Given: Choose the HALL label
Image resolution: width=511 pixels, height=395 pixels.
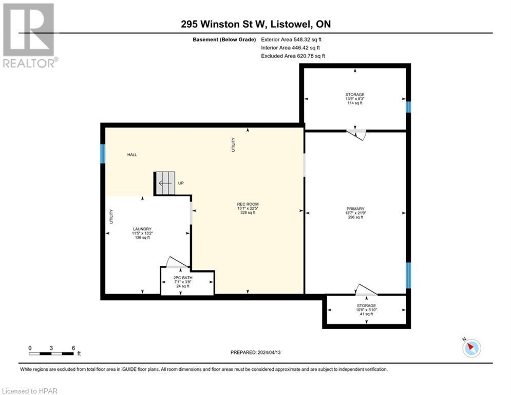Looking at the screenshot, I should tap(132, 154).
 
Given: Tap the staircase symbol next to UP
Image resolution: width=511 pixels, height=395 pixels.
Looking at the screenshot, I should tap(165, 183).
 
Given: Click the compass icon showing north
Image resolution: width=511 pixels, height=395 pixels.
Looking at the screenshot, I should tap(471, 348).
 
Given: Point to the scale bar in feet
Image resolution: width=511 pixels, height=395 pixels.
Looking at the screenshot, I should tap(51, 353).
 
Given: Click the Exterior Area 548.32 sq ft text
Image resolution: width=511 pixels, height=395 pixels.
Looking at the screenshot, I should tap(291, 39).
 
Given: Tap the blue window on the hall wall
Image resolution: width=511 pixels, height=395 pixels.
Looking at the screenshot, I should tap(103, 153).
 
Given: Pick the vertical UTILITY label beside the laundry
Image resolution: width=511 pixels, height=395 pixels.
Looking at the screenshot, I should tap(111, 216).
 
